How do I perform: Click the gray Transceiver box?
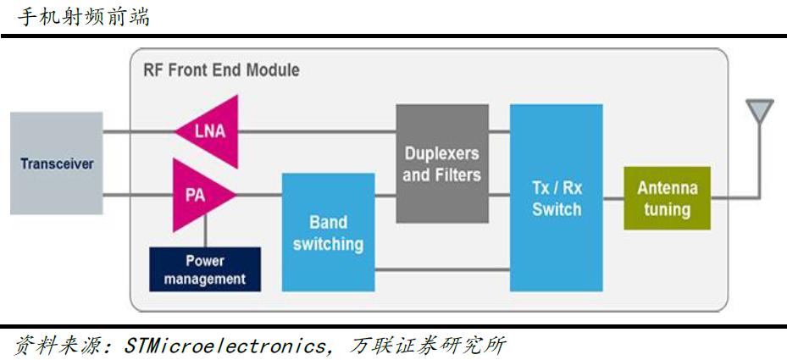[56, 163]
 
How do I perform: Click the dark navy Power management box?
[205, 269]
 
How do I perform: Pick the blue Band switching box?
[328, 232]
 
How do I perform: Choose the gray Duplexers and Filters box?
[442, 163]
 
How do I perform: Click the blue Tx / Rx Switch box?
[556, 197]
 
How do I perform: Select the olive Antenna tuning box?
[667, 198]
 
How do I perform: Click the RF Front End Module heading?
[221, 69]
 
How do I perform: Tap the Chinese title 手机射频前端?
[84, 18]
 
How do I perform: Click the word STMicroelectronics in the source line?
[224, 346]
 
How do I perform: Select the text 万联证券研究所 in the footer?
[428, 346]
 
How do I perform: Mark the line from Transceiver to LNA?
[139, 132]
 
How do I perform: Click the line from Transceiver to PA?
[138, 195]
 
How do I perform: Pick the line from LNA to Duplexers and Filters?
[317, 132]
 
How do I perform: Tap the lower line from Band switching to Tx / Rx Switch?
[442, 270]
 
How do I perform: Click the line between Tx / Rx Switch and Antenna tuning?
[613, 198]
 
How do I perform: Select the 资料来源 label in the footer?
[63, 346]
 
